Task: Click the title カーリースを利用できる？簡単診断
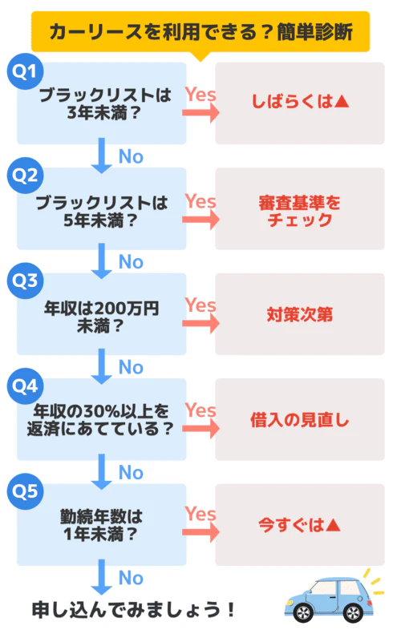[x=200, y=32]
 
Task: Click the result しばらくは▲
[x=300, y=103]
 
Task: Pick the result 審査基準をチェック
[x=300, y=209]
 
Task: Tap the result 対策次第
[x=300, y=314]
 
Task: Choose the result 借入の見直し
[x=300, y=420]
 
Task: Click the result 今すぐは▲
[x=300, y=525]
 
